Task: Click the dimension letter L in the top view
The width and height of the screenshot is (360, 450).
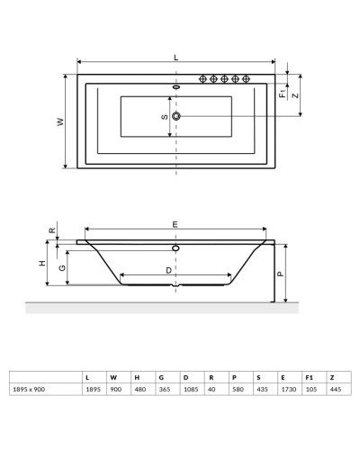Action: point(175,57)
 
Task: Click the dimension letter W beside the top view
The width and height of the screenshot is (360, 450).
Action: point(60,122)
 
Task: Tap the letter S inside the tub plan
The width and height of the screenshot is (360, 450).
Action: point(164,117)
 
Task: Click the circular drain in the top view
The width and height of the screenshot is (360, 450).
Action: point(176,117)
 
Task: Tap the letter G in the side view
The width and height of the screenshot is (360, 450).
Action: point(61,267)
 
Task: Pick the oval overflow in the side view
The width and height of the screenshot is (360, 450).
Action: point(175,246)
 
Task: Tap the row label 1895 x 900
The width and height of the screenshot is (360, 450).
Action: point(29,390)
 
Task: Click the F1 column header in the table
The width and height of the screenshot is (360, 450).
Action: point(309,376)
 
